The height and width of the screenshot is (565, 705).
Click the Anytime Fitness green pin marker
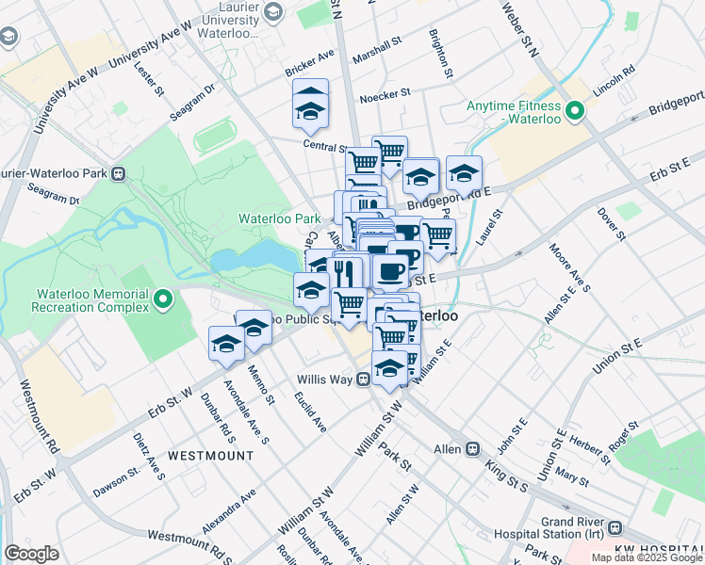573,111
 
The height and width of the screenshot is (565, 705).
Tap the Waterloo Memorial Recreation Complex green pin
163,300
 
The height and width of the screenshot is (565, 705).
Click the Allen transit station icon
473,449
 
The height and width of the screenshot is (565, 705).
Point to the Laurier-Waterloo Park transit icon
119,173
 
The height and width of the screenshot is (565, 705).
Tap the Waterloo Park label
279,218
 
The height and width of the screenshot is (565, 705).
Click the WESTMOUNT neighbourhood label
210,455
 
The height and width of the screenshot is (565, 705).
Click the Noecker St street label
385,94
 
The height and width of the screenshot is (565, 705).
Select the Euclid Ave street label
309,412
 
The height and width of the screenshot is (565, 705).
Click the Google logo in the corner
31,554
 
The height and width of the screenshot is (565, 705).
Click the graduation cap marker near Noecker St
310,104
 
